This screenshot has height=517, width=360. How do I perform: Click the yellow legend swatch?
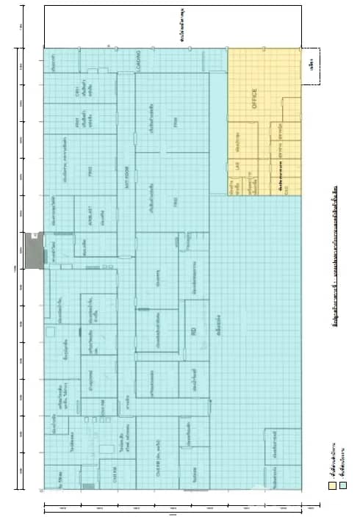pos(332,485)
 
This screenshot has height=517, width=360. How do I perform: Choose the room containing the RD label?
pos(193,334)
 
